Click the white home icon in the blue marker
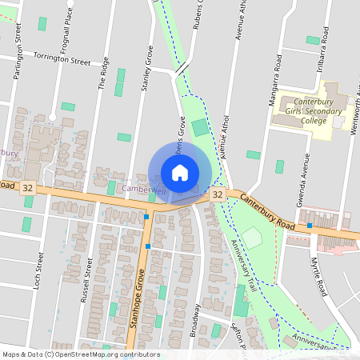(x=180, y=172)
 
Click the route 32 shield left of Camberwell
(x=28, y=188)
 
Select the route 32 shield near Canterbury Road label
(x=218, y=194)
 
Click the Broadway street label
(x=193, y=319)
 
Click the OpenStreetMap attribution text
(x=80, y=354)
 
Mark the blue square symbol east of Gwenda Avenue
(x=310, y=226)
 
